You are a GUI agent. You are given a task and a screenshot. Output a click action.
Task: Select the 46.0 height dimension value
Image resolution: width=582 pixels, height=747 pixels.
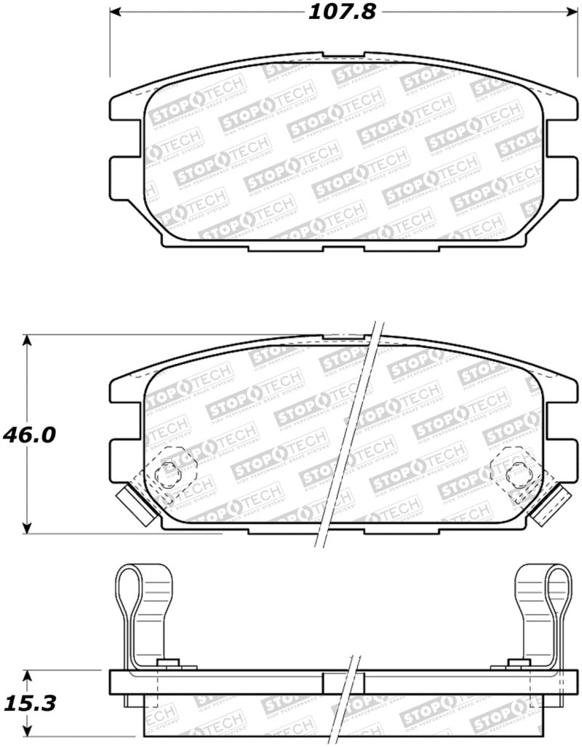(29, 435)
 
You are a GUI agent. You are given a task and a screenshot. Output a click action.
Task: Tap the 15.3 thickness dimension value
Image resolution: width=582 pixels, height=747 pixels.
(29, 703)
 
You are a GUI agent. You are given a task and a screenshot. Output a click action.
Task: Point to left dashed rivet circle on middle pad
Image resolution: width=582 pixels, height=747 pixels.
(168, 473)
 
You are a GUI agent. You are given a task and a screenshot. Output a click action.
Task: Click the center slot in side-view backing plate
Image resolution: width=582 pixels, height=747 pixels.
(343, 682)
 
